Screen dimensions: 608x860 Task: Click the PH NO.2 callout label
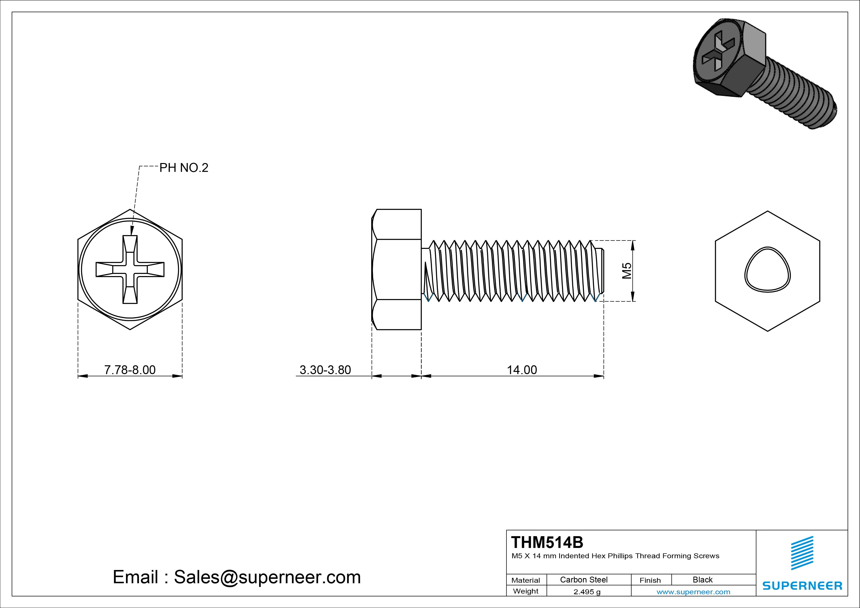184,168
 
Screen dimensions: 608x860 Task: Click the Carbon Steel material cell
583,580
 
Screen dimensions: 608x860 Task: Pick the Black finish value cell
702,580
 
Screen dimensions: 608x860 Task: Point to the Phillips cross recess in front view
130,269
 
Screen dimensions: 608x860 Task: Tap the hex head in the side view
397,269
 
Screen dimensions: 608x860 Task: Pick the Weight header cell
526,591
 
